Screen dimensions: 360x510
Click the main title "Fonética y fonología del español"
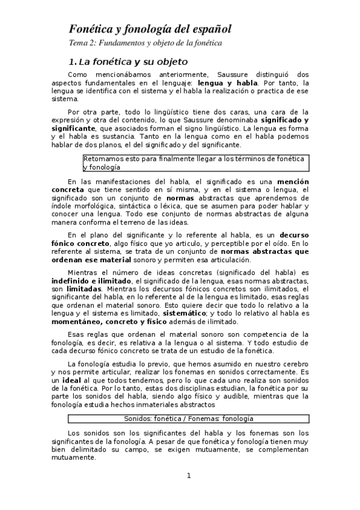150,29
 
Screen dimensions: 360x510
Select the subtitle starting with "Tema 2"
145,43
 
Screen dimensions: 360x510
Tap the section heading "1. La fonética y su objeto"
129,62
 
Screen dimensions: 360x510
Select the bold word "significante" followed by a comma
73,129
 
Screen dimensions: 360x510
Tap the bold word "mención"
293,182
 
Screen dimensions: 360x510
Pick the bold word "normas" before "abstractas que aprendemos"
180,197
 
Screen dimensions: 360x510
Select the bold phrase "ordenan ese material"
91,259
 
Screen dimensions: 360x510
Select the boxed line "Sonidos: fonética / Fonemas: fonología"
188,418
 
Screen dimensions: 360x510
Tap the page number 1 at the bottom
188,476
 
